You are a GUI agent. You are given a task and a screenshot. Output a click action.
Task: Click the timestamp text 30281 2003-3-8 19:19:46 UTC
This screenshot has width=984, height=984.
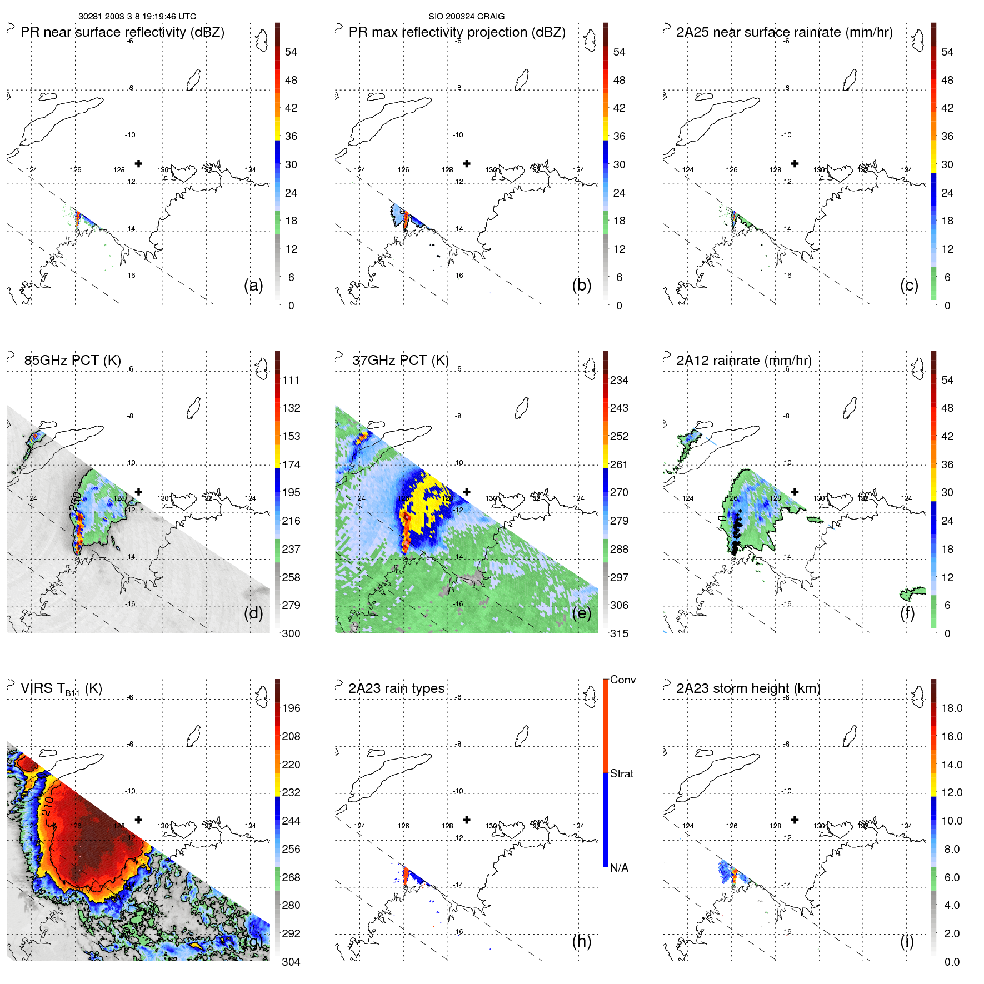[137, 17]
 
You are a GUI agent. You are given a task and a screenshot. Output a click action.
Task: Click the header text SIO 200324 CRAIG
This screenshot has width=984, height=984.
[466, 17]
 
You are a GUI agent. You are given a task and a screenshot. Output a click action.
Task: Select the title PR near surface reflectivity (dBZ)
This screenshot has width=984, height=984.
[122, 32]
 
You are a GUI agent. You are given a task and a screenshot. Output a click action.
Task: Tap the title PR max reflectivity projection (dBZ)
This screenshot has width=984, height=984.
[457, 32]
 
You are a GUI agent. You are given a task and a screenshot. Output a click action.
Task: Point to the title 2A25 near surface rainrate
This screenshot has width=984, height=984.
[784, 32]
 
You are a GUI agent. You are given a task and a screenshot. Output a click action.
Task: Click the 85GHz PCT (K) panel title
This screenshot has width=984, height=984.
[72, 360]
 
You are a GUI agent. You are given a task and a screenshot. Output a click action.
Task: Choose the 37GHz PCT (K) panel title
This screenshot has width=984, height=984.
[400, 360]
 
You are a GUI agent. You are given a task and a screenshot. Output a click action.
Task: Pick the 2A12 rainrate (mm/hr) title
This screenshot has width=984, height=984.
[743, 360]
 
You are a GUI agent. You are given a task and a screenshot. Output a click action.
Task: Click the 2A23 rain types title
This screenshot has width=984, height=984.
[396, 688]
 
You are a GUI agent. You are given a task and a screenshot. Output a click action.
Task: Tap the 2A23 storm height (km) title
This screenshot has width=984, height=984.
[748, 688]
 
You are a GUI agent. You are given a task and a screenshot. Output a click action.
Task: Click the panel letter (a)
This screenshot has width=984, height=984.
[253, 285]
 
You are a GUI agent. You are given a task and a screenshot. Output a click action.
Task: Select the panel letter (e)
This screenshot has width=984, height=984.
[582, 613]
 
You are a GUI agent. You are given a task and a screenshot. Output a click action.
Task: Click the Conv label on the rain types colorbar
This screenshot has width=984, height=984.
[622, 680]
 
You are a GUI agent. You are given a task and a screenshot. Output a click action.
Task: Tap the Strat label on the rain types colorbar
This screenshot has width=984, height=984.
[621, 773]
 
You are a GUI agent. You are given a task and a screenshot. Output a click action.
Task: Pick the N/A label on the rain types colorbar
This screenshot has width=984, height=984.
[619, 868]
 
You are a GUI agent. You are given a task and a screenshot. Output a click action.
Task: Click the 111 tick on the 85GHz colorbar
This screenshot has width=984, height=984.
[291, 380]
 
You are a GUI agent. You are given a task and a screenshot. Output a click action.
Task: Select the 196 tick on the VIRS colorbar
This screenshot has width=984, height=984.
[291, 708]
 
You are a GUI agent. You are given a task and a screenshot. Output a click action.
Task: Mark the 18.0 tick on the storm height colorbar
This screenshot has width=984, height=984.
[951, 708]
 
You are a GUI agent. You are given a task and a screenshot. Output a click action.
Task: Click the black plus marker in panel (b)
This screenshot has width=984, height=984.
[467, 163]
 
